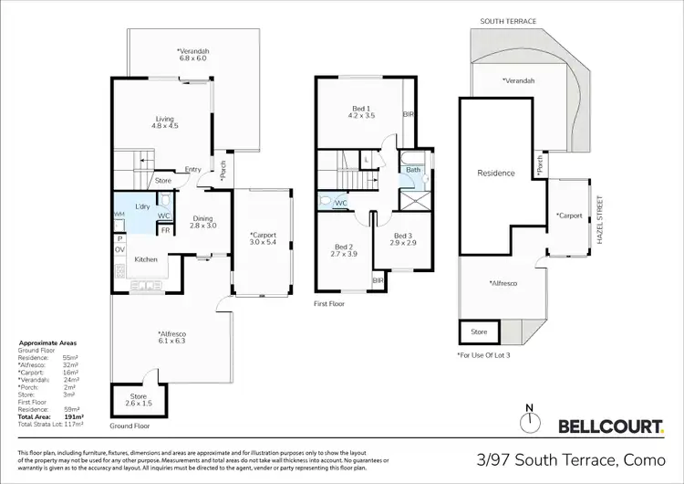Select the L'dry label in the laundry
pyautogui.click(x=142, y=206)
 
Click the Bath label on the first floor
pyautogui.click(x=413, y=170)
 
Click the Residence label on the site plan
pyautogui.click(x=496, y=173)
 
